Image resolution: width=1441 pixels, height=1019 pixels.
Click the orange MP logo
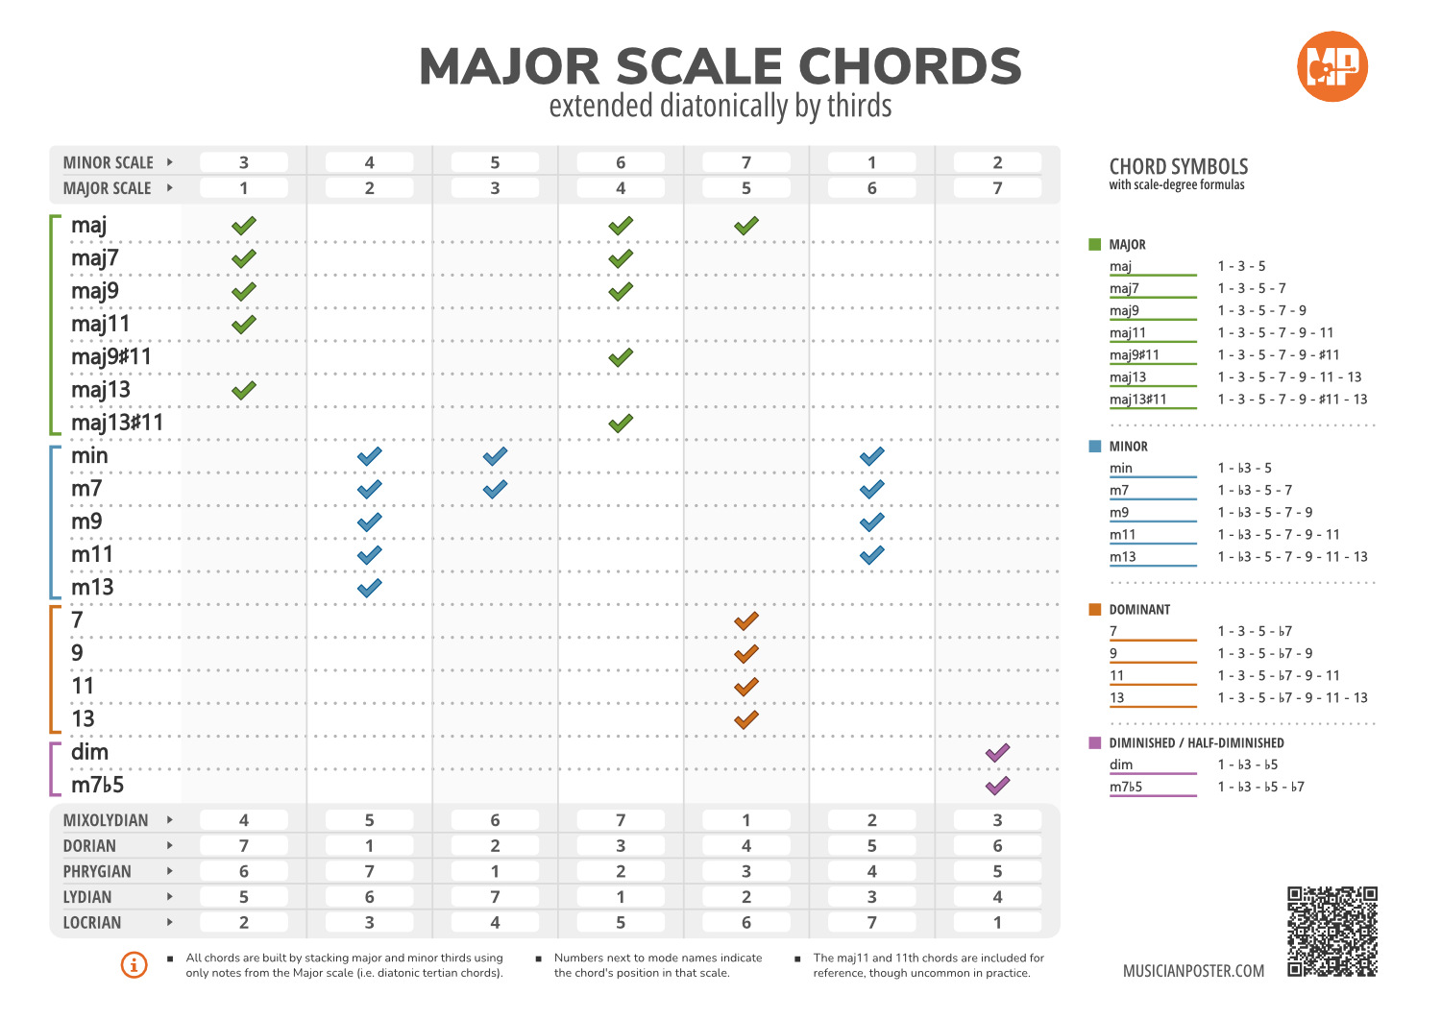tap(1331, 66)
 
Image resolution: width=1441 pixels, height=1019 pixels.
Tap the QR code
tap(1331, 931)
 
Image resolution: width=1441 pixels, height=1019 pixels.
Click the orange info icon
tap(134, 964)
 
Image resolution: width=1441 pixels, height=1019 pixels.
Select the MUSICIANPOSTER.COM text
tap(1193, 970)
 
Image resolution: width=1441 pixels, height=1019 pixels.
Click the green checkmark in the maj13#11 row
tap(621, 423)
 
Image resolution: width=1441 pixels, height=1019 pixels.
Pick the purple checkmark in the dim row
tap(997, 752)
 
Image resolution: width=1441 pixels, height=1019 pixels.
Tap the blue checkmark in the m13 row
tap(369, 588)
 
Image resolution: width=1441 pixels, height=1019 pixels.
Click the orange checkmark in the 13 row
tap(746, 719)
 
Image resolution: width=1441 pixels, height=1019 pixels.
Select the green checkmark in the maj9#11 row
tap(621, 357)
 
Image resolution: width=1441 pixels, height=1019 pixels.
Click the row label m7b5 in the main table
tap(97, 785)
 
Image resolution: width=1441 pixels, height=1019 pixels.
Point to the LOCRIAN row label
tap(92, 923)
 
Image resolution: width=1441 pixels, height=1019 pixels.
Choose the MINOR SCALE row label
tap(108, 162)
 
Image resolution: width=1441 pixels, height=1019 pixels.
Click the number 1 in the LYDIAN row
tap(621, 897)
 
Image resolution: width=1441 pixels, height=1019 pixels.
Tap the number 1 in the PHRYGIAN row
tap(495, 871)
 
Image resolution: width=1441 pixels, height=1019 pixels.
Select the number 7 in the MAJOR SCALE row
tap(997, 188)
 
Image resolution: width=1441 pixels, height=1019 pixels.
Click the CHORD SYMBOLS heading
tap(1179, 166)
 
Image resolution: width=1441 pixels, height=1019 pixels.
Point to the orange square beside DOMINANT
tap(1094, 609)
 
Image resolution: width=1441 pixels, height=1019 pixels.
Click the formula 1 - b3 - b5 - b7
tap(1260, 787)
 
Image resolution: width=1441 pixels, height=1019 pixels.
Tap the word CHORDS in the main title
tap(910, 66)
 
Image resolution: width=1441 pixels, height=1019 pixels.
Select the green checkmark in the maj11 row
tap(244, 325)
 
